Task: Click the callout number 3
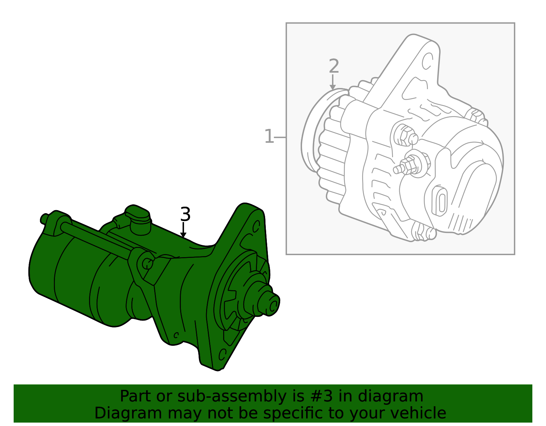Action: pyautogui.click(x=185, y=215)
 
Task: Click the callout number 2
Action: pyautogui.click(x=334, y=66)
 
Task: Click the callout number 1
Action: pyautogui.click(x=269, y=137)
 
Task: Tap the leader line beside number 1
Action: pyautogui.click(x=280, y=137)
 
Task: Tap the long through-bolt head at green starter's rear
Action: pyautogui.click(x=44, y=218)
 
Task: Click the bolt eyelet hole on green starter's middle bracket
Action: pyautogui.click(x=147, y=263)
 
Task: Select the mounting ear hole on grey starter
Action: pyautogui.click(x=427, y=61)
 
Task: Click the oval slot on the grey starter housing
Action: pyautogui.click(x=441, y=201)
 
